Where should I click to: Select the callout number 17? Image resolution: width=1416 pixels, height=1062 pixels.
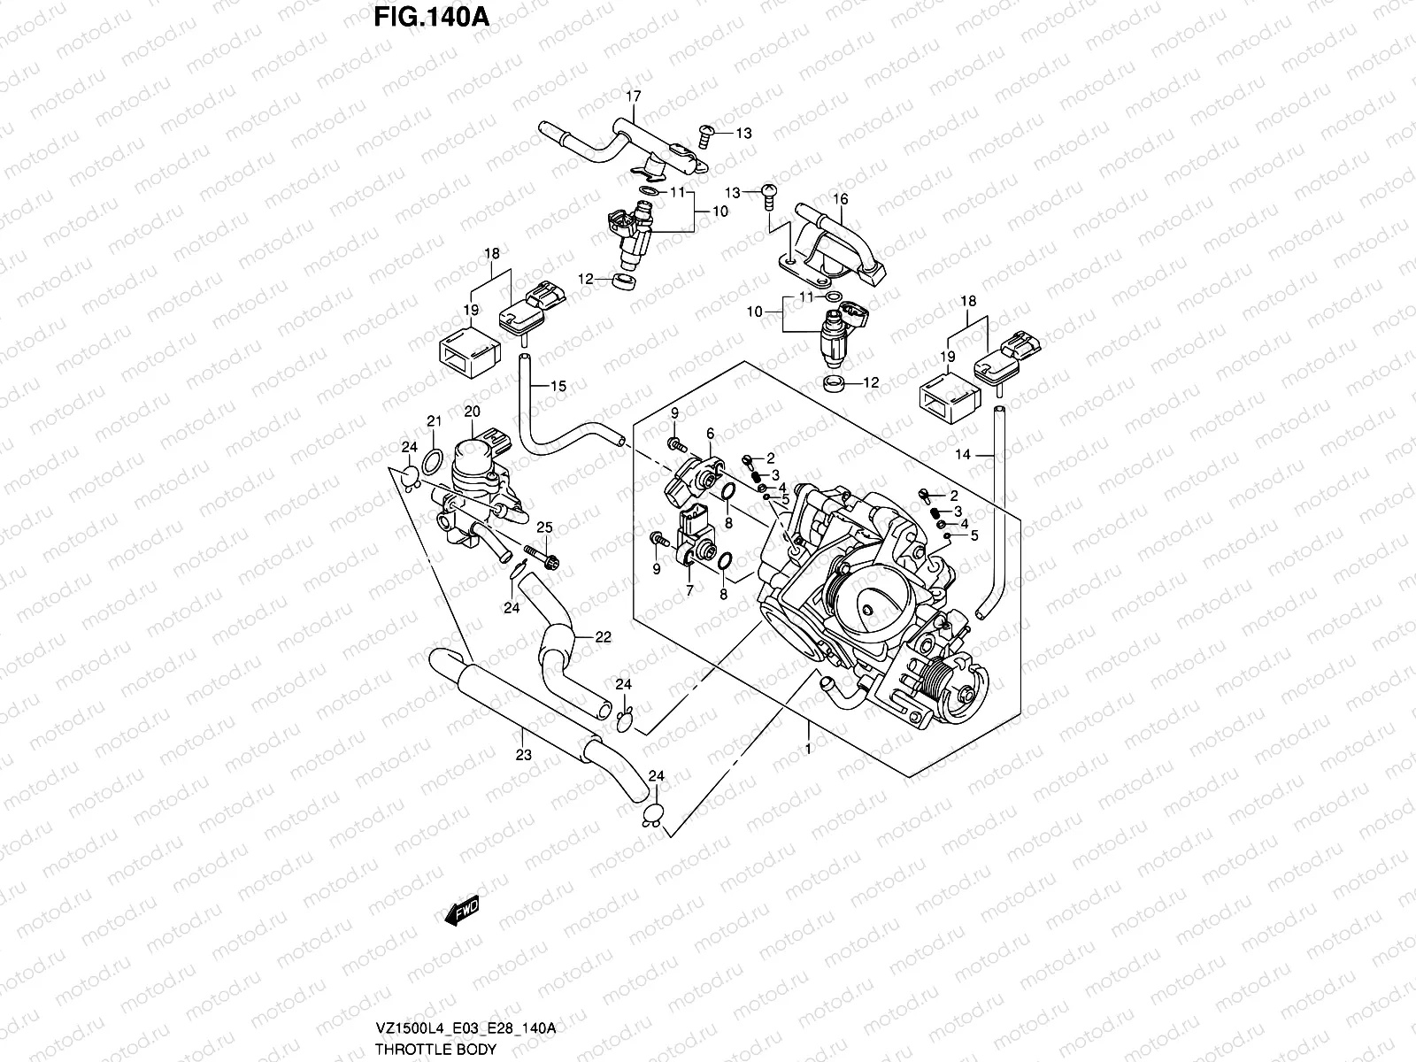click(x=634, y=96)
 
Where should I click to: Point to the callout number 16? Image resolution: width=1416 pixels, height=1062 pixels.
click(x=841, y=199)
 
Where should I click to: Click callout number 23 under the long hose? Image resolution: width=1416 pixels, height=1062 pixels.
click(x=523, y=755)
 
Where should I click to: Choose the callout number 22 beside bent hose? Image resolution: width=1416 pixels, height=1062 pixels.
click(x=603, y=637)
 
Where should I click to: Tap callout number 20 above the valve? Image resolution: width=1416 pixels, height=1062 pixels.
click(x=471, y=412)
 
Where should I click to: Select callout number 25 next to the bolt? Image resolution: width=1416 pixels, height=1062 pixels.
click(x=543, y=527)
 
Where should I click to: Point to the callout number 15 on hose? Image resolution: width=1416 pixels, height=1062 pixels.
click(x=558, y=386)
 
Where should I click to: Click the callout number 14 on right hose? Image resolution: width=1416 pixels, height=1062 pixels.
click(x=963, y=454)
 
